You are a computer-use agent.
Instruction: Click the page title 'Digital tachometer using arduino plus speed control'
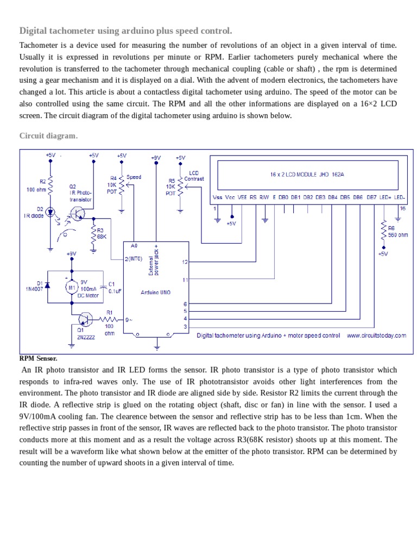(125, 30)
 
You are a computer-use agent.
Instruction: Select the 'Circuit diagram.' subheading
(48, 135)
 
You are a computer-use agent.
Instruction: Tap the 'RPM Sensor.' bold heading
(38, 358)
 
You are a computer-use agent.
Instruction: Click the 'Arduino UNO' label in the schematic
(156, 292)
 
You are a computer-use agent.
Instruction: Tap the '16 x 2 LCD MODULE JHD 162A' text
(307, 175)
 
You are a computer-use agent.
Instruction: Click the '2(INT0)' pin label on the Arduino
(134, 258)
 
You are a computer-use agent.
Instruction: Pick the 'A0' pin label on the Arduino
(134, 246)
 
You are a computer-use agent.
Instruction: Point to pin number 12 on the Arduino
(185, 262)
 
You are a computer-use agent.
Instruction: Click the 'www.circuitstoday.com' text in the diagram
(376, 336)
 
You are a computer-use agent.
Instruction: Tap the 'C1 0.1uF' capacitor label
(115, 287)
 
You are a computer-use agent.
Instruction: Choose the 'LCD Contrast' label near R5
(194, 176)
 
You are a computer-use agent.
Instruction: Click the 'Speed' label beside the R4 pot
(134, 177)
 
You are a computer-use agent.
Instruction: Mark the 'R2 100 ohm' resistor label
(37, 185)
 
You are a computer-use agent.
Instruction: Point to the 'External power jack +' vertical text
(153, 259)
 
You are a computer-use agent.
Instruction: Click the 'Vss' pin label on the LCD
(217, 197)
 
